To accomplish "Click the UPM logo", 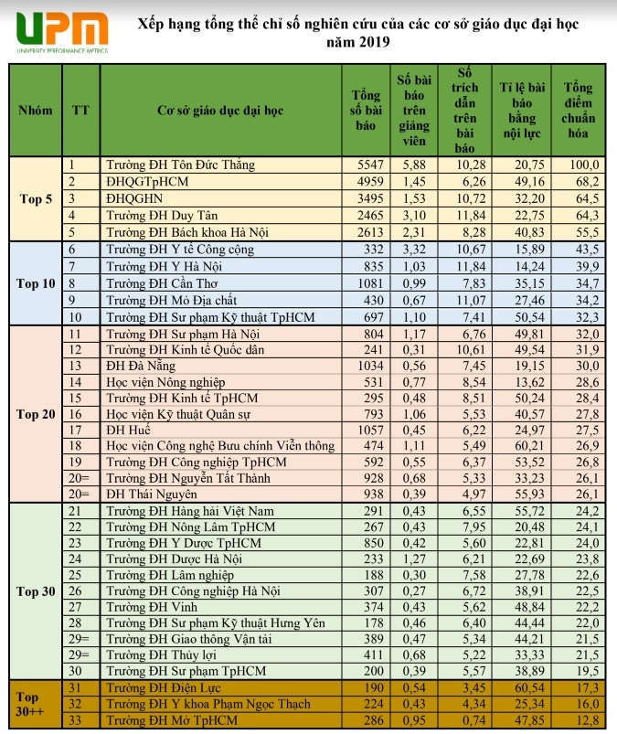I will pyautogui.click(x=57, y=31).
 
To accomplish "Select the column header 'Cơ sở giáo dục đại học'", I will pyautogui.click(x=219, y=111).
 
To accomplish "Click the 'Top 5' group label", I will pyautogui.click(x=36, y=198).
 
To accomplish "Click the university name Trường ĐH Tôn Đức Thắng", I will pyautogui.click(x=180, y=165).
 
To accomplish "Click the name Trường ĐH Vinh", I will pyautogui.click(x=151, y=606).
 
